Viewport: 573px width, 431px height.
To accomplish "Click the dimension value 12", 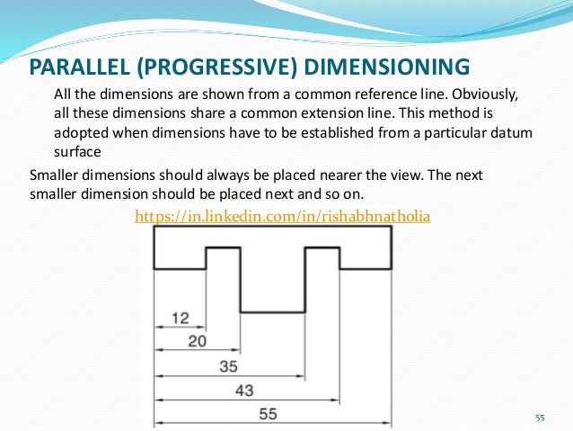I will [181, 317].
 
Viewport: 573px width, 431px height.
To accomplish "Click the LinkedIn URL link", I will [282, 216].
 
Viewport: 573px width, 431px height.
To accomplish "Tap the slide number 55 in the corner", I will [540, 418].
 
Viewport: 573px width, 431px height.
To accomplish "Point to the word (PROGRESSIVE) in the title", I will [217, 67].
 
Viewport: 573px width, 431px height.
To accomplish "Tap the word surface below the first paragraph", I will [77, 151].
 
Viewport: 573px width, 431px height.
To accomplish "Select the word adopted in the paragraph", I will [79, 132].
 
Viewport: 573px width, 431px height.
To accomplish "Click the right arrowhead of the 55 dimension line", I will [387, 423].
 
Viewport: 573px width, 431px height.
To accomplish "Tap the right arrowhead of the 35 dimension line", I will [303, 374].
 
